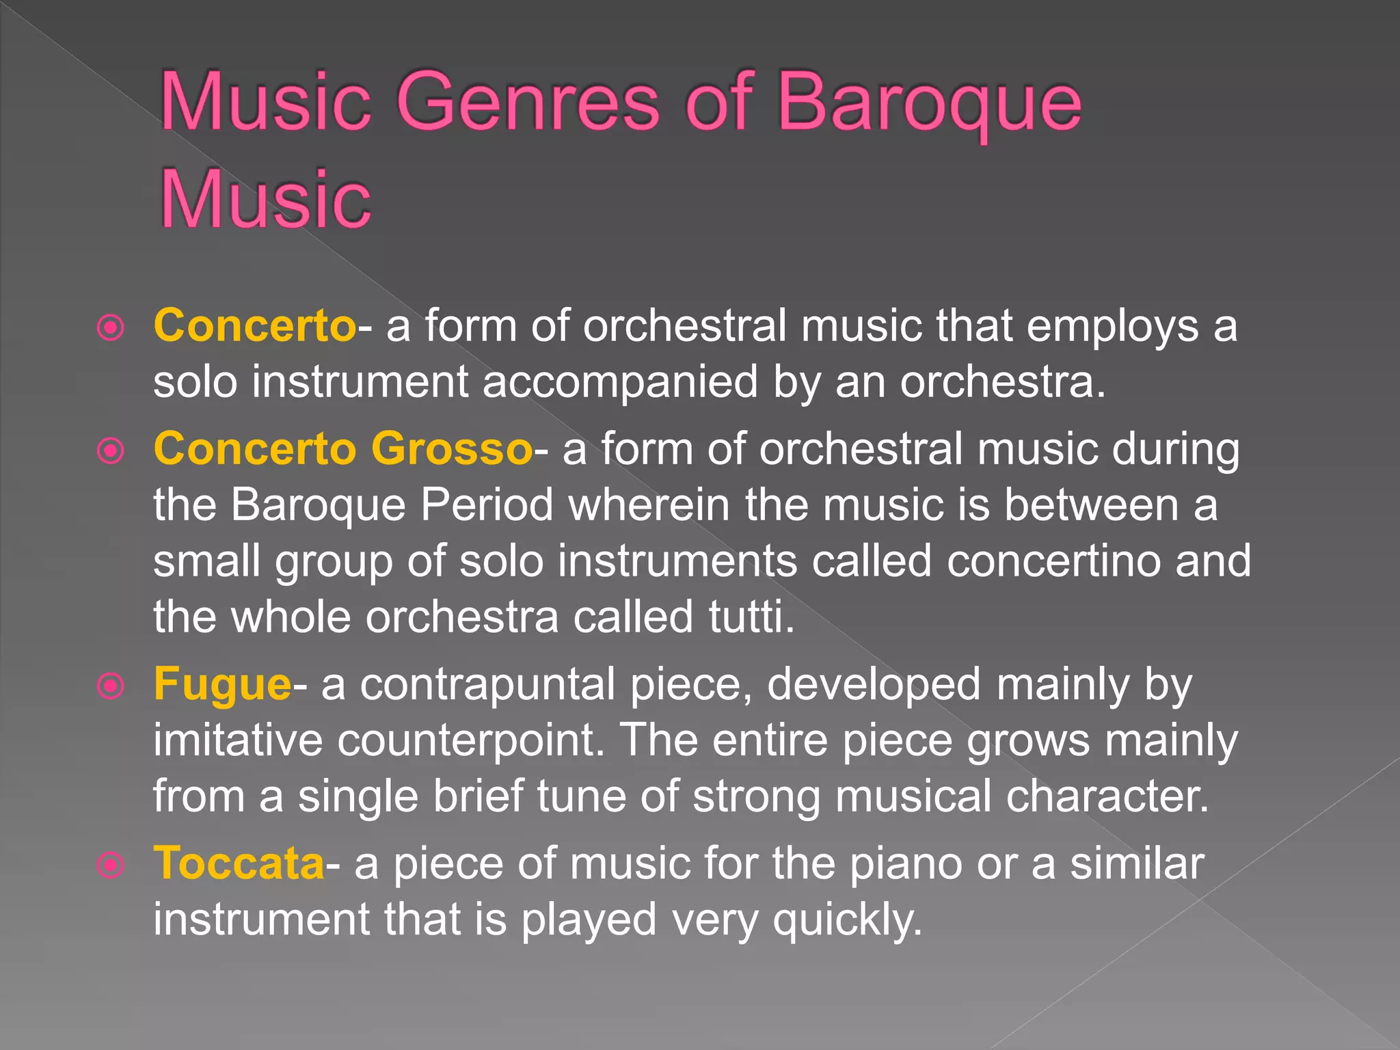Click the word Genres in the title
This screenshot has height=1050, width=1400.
tap(528, 103)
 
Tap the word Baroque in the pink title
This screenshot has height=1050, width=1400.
tap(930, 103)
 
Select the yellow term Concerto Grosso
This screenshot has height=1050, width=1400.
tap(342, 449)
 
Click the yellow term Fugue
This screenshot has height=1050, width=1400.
tap(222, 684)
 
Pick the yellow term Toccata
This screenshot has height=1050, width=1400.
tap(239, 863)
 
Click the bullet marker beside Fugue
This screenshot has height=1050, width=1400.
tap(111, 686)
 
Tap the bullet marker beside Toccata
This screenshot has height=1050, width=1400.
tap(111, 865)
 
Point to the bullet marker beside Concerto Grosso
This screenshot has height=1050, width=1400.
tap(111, 451)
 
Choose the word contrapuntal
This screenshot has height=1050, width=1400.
tap(487, 684)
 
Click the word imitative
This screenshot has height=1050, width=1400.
tap(237, 740)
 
